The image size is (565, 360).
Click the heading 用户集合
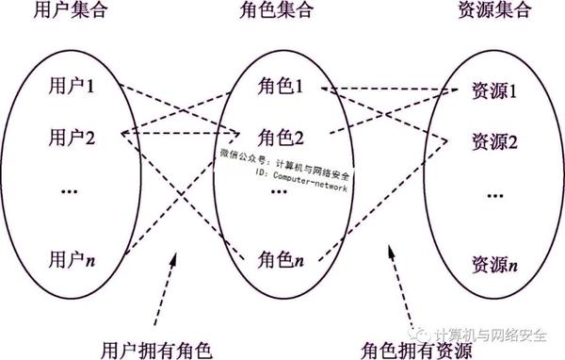point(71,14)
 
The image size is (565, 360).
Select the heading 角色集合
point(280,14)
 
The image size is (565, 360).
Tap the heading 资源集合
point(493,14)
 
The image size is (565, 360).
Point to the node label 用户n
point(73,255)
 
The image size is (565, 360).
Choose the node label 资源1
point(494,93)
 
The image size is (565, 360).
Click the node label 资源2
point(494,143)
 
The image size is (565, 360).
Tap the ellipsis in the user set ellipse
point(73,191)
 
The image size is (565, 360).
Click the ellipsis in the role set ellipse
point(280,191)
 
